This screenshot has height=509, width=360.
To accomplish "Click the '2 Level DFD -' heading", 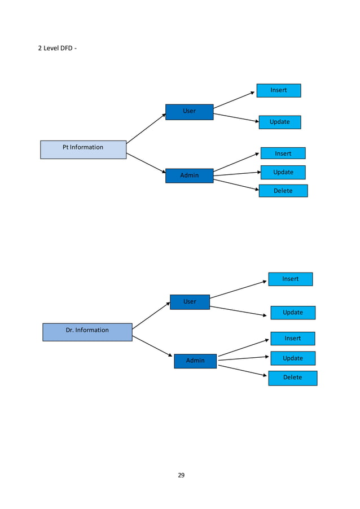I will (57, 48).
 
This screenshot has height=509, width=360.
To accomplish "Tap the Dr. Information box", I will (87, 332).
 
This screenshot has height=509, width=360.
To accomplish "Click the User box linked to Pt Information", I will (189, 112).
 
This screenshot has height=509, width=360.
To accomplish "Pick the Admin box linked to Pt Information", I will (189, 175).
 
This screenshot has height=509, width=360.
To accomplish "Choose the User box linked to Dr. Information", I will (190, 302).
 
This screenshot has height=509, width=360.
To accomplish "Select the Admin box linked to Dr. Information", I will (195, 361).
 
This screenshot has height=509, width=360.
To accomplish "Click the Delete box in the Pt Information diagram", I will (283, 191).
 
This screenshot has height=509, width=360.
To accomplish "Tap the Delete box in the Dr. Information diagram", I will (292, 378).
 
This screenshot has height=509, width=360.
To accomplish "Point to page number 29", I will (181, 475).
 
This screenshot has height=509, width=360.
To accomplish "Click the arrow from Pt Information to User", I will (146, 128).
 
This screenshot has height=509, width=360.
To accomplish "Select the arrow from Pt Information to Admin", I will (146, 163).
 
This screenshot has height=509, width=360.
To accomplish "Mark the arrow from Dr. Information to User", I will (151, 315).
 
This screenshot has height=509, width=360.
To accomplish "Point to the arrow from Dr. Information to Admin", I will (152, 346).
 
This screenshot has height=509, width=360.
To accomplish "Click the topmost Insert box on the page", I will (278, 90).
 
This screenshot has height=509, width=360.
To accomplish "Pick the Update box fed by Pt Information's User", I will (279, 122).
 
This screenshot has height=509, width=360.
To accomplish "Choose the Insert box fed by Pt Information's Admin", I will (283, 153).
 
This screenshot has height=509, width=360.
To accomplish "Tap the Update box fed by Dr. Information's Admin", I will (292, 358).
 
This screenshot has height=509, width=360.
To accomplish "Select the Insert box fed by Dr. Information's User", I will (290, 279).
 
